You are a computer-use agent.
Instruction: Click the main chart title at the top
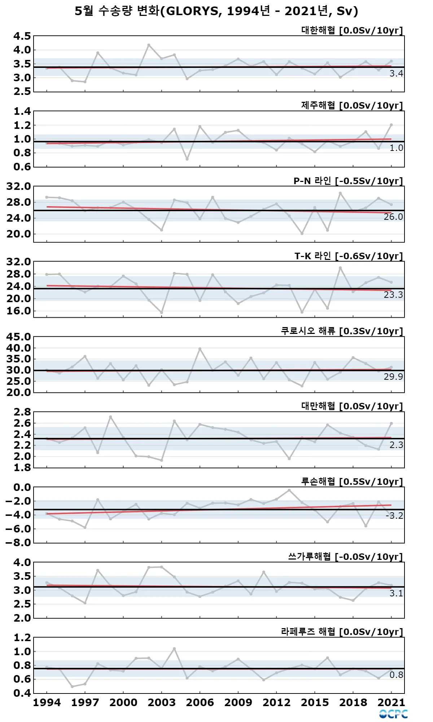pos(216,11)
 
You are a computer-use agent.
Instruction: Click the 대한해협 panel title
pos(352,30)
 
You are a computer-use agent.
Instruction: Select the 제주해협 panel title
pos(352,105)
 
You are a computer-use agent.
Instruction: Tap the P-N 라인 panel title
pos(348,181)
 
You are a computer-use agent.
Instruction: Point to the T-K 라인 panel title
pos(348,256)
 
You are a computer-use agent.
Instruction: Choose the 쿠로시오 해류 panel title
pos(342,331)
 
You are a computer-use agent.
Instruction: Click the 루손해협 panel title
pos(352,482)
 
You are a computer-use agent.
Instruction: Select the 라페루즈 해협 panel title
pos(342,632)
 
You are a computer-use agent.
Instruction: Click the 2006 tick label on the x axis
pos(200,703)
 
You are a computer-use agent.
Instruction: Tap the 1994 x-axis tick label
pos(47,703)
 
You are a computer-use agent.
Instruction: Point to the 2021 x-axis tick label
pos(392,703)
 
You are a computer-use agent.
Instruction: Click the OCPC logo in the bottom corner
pos(393,714)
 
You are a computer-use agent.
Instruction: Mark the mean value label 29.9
pos(393,377)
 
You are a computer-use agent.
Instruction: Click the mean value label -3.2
pos(394,516)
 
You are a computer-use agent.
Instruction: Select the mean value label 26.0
pos(393,217)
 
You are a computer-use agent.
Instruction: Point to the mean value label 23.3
pos(393,295)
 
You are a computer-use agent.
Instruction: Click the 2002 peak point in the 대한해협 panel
pos(149,45)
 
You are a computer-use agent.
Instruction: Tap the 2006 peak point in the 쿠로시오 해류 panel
pos(200,349)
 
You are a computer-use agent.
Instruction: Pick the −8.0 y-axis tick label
pos(18,543)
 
